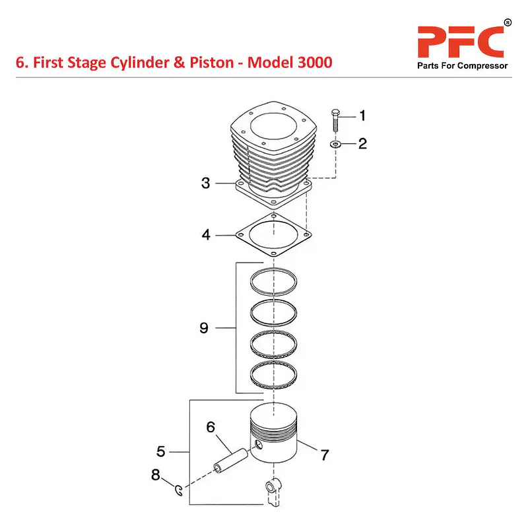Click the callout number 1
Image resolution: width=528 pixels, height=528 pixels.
(362, 115)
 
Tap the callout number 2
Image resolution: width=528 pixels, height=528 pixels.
(362, 144)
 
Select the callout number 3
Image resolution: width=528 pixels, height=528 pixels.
(205, 183)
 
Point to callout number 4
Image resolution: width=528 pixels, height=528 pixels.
(206, 235)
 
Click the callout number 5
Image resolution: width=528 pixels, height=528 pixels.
(161, 451)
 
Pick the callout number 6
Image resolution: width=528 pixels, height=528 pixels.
(211, 427)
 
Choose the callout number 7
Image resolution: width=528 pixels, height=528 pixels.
(325, 455)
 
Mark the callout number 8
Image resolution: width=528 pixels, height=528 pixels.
(155, 475)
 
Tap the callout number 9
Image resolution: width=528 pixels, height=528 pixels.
(204, 328)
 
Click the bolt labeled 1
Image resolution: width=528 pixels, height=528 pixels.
(335, 120)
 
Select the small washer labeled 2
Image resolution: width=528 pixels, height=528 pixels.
(335, 145)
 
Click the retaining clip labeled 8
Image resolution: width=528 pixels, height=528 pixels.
(179, 490)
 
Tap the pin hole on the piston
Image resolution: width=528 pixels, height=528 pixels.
(259, 445)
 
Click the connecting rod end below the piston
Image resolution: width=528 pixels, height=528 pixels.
(273, 492)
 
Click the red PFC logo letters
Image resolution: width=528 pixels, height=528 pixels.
(461, 42)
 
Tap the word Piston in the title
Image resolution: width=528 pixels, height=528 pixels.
(211, 63)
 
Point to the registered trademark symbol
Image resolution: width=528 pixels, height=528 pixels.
(508, 22)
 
